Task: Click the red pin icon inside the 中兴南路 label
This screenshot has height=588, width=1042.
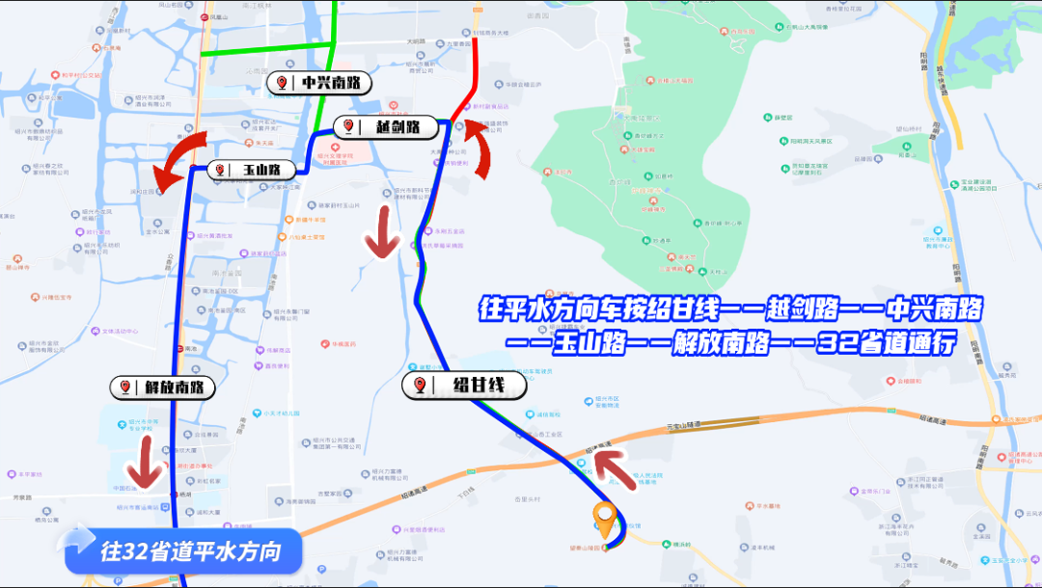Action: point(283,83)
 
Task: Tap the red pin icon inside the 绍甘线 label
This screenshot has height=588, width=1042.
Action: point(421,386)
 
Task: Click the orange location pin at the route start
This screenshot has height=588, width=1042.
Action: point(606,520)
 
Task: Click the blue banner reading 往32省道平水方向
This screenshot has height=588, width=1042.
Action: point(183,551)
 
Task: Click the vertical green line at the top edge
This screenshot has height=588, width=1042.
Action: point(335,19)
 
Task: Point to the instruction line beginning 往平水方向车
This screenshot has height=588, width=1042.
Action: point(730,309)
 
